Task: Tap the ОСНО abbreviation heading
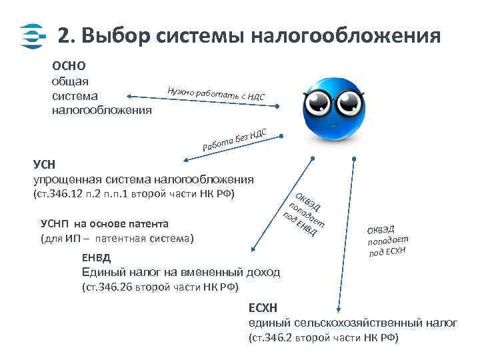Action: pyautogui.click(x=67, y=66)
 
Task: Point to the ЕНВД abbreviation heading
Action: pyautogui.click(x=96, y=258)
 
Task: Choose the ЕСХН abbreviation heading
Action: pyautogui.click(x=262, y=309)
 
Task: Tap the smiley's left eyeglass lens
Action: pyautogui.click(x=316, y=103)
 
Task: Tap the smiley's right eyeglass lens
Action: pyautogui.click(x=348, y=103)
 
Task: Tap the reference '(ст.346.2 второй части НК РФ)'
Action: pyautogui.click(x=323, y=338)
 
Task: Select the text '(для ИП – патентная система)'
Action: pyautogui.click(x=117, y=238)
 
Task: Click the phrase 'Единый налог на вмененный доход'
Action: pyautogui.click(x=180, y=272)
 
